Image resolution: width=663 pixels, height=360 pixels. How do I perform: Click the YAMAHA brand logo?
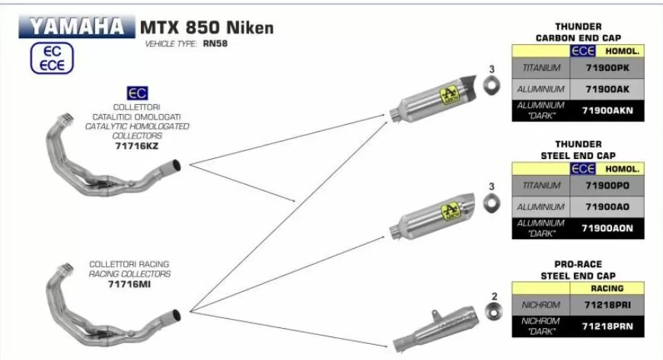(x=77, y=27)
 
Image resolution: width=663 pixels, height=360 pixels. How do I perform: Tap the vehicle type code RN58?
(x=215, y=43)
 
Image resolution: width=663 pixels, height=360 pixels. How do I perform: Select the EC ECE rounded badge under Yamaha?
(x=52, y=59)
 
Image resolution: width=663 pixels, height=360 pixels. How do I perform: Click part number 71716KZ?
(x=136, y=146)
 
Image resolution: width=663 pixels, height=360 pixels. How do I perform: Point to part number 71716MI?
(x=129, y=284)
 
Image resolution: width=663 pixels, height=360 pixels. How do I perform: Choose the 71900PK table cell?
(x=607, y=68)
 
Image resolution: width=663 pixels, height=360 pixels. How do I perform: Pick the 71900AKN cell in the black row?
(x=607, y=110)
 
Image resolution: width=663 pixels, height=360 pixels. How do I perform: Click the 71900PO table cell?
(x=607, y=186)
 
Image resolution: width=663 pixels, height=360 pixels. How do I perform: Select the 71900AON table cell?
(x=607, y=228)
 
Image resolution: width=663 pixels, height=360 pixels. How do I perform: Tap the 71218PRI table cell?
(x=607, y=305)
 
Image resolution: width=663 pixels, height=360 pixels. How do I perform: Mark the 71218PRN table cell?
(x=607, y=327)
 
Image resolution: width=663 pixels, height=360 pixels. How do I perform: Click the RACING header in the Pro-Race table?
(x=607, y=288)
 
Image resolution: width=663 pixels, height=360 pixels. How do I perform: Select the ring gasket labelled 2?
(x=494, y=312)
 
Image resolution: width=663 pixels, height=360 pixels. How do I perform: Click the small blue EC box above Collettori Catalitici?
(x=138, y=94)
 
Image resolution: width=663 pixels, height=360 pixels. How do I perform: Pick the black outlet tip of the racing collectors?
(x=177, y=315)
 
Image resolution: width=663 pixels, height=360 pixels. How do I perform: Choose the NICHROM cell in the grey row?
(x=540, y=305)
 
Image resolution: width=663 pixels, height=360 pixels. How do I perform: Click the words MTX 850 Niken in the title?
(x=207, y=28)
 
